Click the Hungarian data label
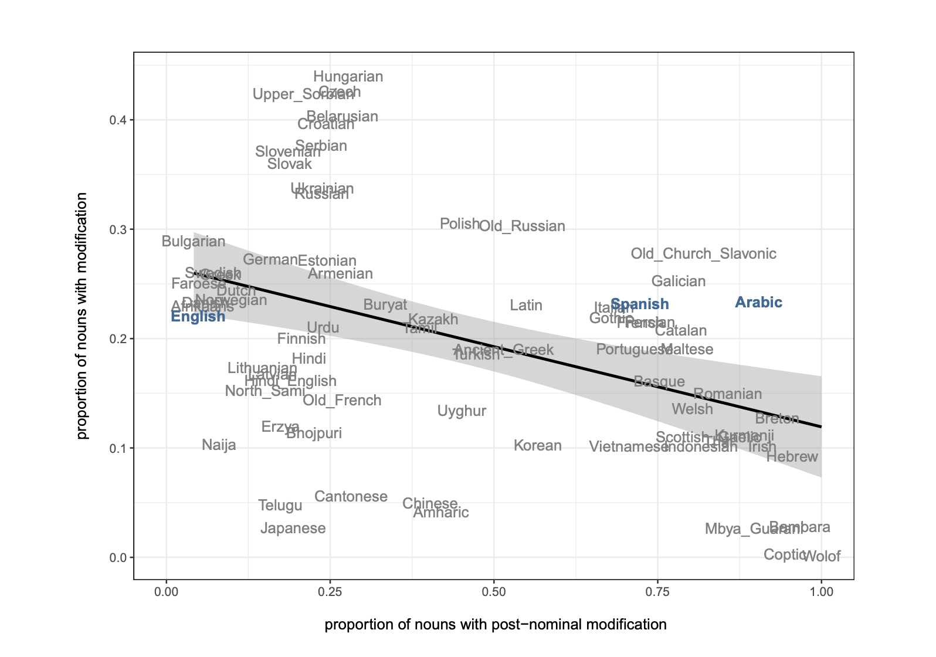(x=348, y=77)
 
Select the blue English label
(x=198, y=317)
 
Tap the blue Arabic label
(x=758, y=303)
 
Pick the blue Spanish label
(x=640, y=304)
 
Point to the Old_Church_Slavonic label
(x=703, y=254)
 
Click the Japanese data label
(x=293, y=529)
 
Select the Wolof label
(x=822, y=557)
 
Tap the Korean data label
(x=537, y=446)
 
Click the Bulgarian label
(x=193, y=242)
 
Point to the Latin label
(x=525, y=306)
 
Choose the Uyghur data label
(x=462, y=411)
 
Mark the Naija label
(x=219, y=445)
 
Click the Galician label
(x=678, y=282)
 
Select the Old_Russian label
(x=522, y=226)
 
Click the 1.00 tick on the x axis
(x=821, y=592)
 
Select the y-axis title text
(x=82, y=316)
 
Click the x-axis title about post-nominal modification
(x=495, y=625)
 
